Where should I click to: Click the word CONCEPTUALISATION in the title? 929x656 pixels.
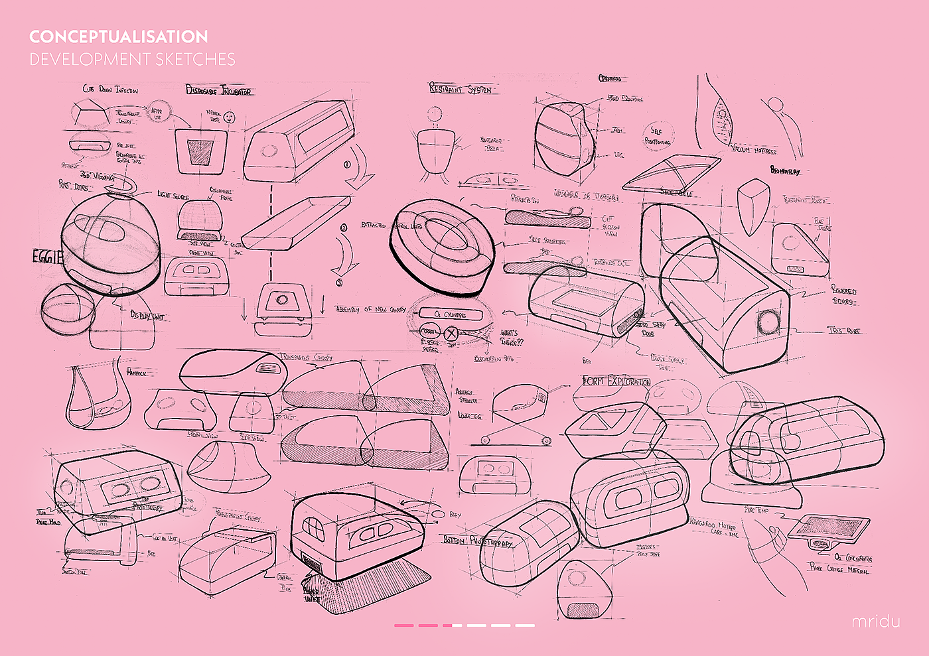tap(118, 36)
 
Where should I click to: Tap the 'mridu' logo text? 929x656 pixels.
tap(876, 622)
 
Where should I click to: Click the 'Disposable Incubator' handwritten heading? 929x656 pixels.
tap(219, 90)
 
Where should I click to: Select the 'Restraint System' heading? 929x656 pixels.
tap(461, 89)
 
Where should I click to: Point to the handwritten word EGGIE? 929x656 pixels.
tap(47, 257)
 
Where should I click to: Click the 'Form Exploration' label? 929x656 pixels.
tap(616, 381)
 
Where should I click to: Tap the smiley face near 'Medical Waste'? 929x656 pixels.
tap(230, 117)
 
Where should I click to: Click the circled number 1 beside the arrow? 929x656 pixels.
tap(346, 164)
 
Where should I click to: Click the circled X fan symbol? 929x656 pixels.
tap(451, 333)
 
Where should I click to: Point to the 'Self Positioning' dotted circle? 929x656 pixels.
tap(658, 136)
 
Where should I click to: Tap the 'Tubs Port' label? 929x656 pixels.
tap(844, 330)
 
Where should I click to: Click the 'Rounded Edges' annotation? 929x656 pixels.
tap(844, 296)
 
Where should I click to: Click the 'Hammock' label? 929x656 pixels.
tap(137, 372)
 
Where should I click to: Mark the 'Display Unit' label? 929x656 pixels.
tap(147, 316)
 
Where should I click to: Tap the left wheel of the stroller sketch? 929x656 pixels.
tap(485, 440)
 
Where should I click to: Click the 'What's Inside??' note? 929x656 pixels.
tap(512, 337)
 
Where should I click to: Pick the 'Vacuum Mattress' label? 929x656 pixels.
tap(754, 151)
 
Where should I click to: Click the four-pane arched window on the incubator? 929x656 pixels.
tap(312, 529)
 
